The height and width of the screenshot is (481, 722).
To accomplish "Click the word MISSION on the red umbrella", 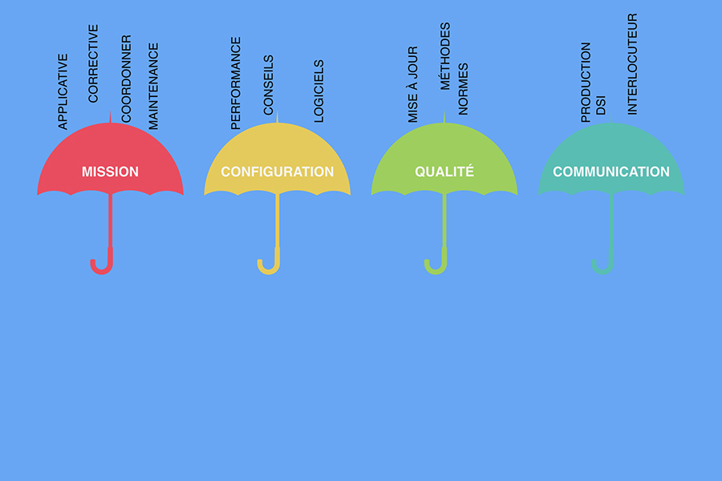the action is click(x=110, y=172).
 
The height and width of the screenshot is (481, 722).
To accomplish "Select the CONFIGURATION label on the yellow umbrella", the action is click(x=278, y=172).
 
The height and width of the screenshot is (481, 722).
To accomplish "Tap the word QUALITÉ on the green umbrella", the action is click(x=444, y=172).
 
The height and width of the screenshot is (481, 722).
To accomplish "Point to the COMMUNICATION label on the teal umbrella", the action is click(x=611, y=172).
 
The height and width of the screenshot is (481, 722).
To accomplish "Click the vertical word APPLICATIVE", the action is click(x=63, y=91).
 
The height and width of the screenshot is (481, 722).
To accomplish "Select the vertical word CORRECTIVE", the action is click(x=93, y=63).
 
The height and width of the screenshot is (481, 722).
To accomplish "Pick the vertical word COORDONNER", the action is click(x=126, y=79).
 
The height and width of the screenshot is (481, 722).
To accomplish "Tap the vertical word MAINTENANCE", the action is click(x=153, y=87).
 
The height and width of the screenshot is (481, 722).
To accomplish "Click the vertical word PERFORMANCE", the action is click(x=236, y=83).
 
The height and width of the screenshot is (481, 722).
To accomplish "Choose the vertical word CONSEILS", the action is click(x=269, y=85).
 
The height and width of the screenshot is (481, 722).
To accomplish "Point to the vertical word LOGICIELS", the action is click(x=318, y=91).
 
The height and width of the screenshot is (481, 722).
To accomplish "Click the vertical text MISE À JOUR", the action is click(x=413, y=84).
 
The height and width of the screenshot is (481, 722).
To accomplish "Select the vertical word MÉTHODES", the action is click(x=444, y=56).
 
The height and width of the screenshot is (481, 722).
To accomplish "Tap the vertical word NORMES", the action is click(x=463, y=89).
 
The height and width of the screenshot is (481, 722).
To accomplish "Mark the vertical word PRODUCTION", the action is click(x=586, y=83).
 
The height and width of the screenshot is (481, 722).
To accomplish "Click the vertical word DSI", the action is click(x=601, y=105).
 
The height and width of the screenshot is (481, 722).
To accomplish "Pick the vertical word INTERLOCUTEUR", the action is click(x=633, y=64).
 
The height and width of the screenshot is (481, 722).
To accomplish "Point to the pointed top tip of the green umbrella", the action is click(x=444, y=111).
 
